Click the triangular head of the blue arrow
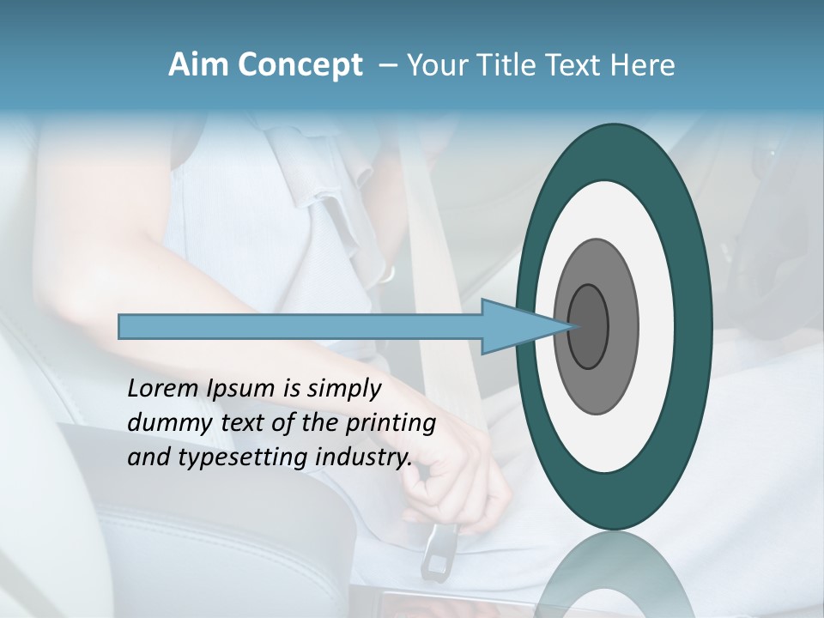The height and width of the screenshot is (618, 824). click(x=515, y=327)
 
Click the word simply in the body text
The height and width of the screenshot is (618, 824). click(x=343, y=390)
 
